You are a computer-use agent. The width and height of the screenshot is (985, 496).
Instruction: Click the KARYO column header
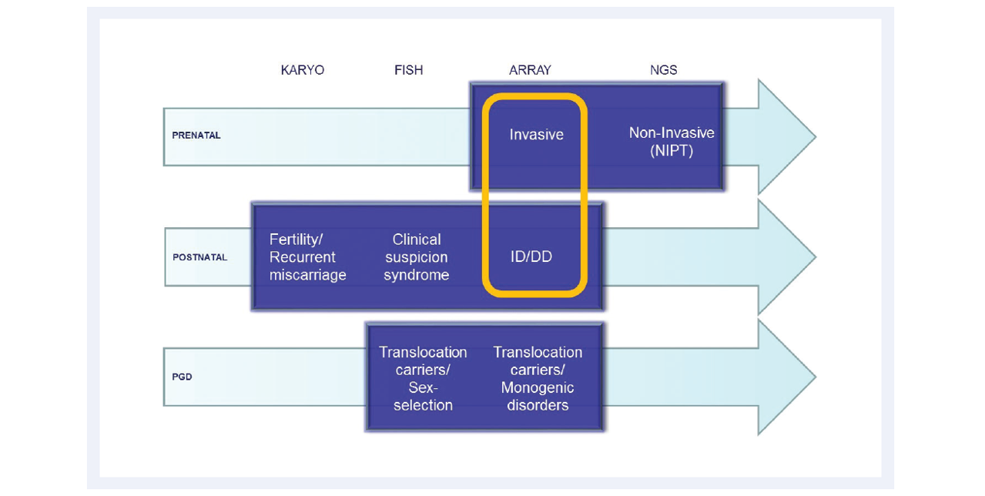click(x=303, y=70)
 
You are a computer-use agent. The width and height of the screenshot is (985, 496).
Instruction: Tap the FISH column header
click(x=408, y=70)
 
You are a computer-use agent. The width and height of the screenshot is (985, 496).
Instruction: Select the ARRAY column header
click(x=530, y=70)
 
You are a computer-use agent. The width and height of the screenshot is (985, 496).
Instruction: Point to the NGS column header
click(x=664, y=70)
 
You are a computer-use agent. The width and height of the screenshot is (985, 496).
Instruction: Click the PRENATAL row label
click(x=196, y=136)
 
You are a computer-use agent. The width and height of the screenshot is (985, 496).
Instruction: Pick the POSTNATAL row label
click(x=199, y=257)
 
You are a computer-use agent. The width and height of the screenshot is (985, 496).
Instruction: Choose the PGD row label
click(x=182, y=377)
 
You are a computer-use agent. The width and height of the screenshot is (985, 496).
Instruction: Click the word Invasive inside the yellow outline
click(x=536, y=135)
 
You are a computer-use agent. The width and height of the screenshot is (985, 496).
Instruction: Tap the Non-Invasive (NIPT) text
click(x=672, y=142)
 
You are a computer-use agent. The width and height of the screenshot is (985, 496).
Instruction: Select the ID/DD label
click(x=531, y=256)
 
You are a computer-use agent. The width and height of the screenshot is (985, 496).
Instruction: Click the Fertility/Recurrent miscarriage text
click(x=307, y=257)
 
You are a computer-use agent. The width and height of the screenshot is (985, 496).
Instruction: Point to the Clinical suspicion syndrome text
click(x=416, y=257)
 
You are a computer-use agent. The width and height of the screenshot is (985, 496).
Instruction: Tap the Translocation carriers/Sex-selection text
click(x=423, y=379)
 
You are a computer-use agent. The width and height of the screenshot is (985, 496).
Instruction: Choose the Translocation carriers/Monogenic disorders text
click(x=538, y=379)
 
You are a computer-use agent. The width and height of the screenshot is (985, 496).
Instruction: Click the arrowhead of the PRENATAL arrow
click(x=786, y=137)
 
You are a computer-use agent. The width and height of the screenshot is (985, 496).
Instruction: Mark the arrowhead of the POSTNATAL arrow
click(x=786, y=257)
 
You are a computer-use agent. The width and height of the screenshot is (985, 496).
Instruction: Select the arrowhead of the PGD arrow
click(x=786, y=377)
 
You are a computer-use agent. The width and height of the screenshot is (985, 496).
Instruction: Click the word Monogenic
click(x=538, y=388)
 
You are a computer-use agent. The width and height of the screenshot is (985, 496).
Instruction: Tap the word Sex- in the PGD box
click(x=423, y=387)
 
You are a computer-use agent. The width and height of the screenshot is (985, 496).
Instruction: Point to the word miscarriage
click(x=307, y=275)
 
